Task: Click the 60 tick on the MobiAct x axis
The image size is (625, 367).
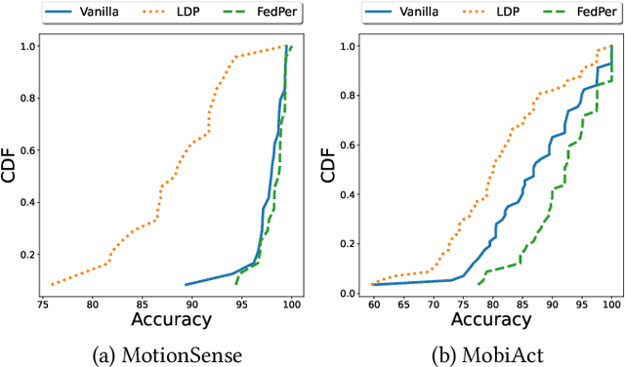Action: coord(374,303)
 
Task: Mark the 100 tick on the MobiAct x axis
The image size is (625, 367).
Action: coord(611,303)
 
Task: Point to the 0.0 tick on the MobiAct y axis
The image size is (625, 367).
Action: coord(351,293)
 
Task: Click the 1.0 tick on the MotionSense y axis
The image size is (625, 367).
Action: coord(28,46)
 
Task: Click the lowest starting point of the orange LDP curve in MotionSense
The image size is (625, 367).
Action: coord(51,285)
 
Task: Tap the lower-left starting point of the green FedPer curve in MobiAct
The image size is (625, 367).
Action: coord(478,284)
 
